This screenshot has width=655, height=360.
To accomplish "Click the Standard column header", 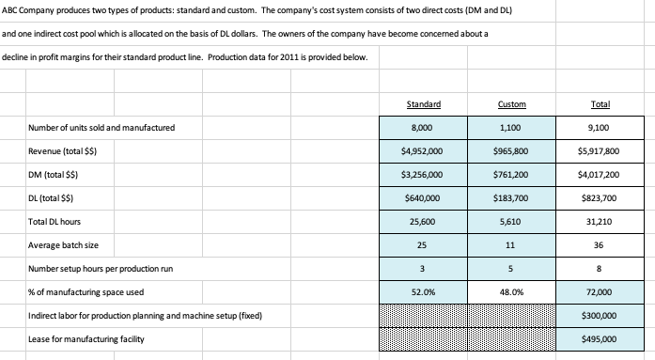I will pyautogui.click(x=428, y=103).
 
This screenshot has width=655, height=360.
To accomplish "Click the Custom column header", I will pyautogui.click(x=514, y=103).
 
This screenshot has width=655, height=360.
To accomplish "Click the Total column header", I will pyautogui.click(x=600, y=103).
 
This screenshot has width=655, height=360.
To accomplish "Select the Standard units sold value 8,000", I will pyautogui.click(x=428, y=127).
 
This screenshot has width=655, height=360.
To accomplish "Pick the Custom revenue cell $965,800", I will pyautogui.click(x=514, y=150).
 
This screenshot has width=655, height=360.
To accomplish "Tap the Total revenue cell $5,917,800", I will pyautogui.click(x=600, y=150).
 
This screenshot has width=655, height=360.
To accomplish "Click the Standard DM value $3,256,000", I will pyautogui.click(x=428, y=174).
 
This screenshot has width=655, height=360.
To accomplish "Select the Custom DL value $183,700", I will pyautogui.click(x=514, y=197).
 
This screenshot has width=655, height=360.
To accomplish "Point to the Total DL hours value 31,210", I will pyautogui.click(x=600, y=222).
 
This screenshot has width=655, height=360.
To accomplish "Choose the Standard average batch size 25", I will pyautogui.click(x=428, y=245).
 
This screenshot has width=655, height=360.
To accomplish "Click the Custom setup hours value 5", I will pyautogui.click(x=514, y=269).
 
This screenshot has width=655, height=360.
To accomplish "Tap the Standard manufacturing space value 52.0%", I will pyautogui.click(x=428, y=292).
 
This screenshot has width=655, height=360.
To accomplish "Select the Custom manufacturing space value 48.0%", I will pyautogui.click(x=514, y=292).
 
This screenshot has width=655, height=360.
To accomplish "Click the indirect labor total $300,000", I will pyautogui.click(x=600, y=316).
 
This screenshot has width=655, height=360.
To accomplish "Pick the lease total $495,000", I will pyautogui.click(x=600, y=338).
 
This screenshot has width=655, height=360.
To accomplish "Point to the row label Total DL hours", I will pyautogui.click(x=55, y=222).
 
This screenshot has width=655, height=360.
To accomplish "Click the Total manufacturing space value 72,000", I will pyautogui.click(x=600, y=292).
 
